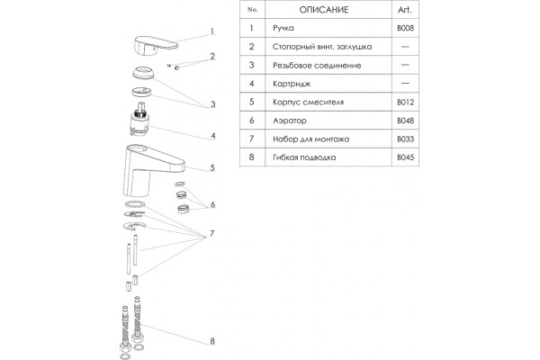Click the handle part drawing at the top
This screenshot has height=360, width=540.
[155, 45]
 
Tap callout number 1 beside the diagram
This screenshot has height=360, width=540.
[212, 31]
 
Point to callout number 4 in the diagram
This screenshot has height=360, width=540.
[213, 136]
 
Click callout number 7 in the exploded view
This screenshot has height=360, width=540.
[212, 233]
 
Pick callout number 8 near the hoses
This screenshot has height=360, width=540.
[212, 341]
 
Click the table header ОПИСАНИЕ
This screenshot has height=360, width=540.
[324, 10]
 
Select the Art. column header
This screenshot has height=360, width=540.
[405, 10]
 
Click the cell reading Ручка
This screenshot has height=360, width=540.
[283, 28]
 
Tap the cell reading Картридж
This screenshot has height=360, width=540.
[292, 84]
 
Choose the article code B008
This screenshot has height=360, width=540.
[405, 28]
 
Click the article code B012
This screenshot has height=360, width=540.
[405, 103]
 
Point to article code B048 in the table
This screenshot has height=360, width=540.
[405, 121]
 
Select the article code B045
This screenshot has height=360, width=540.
[405, 157]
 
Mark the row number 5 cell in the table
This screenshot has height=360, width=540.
[252, 102]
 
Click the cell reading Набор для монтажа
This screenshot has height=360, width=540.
[311, 139]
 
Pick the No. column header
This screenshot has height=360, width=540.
[252, 10]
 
